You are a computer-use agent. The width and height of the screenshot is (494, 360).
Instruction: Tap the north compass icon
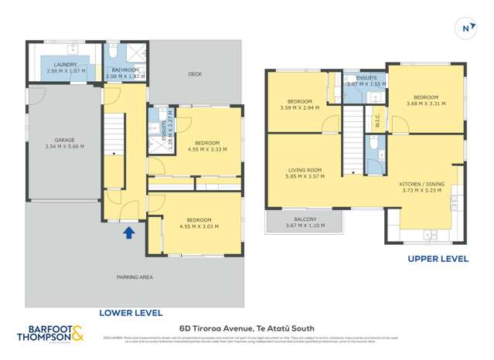[467, 29]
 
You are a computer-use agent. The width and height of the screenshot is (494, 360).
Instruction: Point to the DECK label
[196, 74]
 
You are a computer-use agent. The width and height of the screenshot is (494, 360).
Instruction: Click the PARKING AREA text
[134, 277]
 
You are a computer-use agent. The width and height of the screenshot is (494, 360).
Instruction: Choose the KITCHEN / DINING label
[420, 184]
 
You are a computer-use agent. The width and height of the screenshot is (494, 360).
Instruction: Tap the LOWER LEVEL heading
[131, 313]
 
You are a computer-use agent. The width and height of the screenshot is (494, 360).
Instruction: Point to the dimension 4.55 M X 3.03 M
[197, 226]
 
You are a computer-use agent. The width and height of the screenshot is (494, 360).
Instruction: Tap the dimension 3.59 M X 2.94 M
[299, 108]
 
